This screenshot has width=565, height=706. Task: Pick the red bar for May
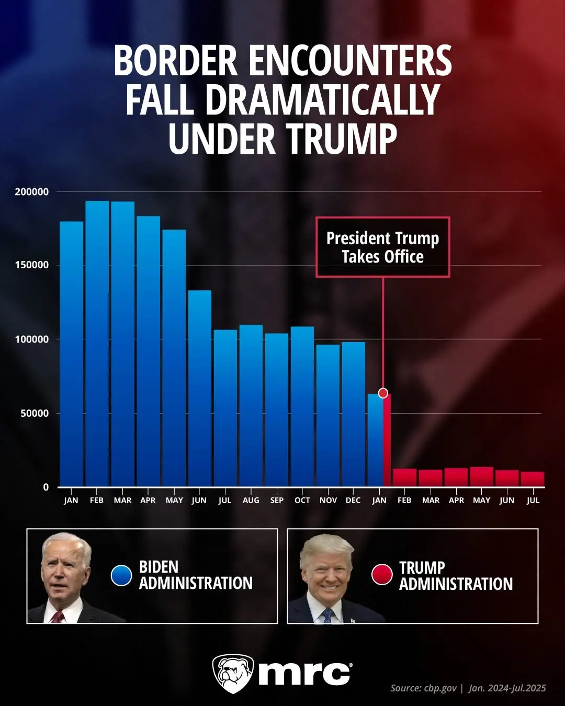pos(481,476)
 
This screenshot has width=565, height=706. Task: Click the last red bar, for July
pos(533,479)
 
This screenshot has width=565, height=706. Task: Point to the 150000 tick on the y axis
pos(31,265)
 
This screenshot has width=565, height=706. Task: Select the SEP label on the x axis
pos(277,500)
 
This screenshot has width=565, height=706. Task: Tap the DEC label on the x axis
pos(353,500)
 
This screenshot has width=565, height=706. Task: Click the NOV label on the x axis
pos(328,500)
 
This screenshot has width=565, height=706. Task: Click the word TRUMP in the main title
pos(341,139)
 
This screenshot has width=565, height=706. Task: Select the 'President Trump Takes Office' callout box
pos(382,247)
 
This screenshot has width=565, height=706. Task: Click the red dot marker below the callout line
pos(383,393)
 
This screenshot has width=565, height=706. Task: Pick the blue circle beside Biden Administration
pos(121,575)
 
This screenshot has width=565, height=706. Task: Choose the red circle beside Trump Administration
pos(382,574)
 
